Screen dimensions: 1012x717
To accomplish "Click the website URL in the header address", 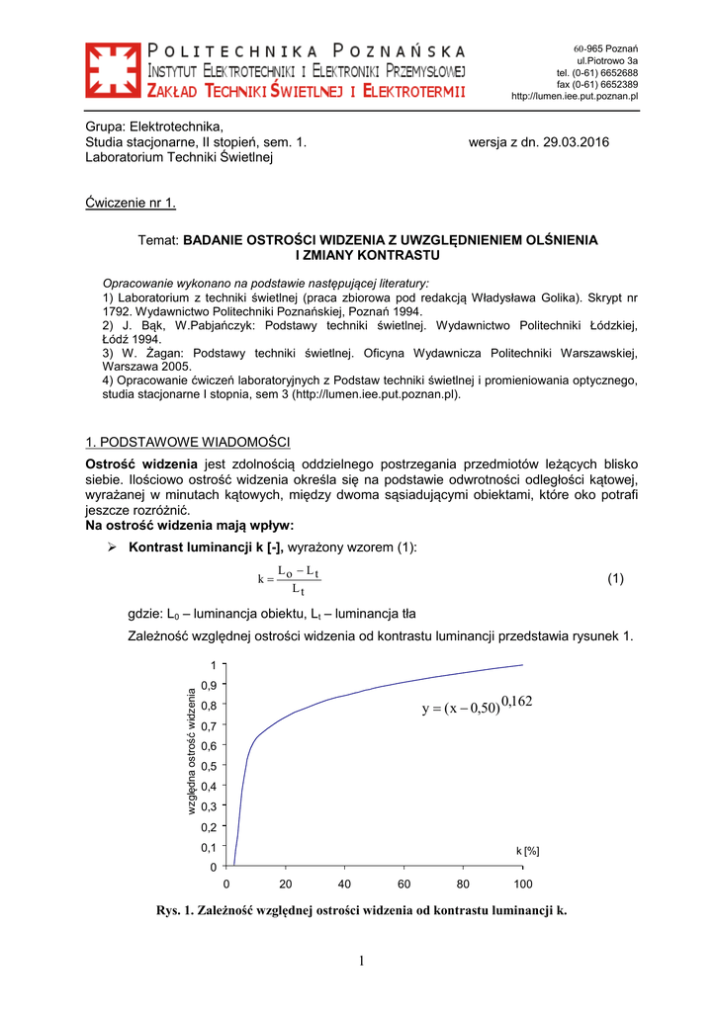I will click(x=574, y=96).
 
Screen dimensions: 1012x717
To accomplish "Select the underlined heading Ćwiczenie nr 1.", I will click(x=131, y=204).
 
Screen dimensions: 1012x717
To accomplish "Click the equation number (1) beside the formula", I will click(x=616, y=579).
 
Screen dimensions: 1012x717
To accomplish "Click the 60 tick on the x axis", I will click(x=404, y=884).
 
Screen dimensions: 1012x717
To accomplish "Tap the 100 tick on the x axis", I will click(x=523, y=884).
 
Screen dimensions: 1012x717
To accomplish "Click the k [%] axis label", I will click(x=527, y=851).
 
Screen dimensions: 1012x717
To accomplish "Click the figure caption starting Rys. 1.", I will click(x=362, y=910).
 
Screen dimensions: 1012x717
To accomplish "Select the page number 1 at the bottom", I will click(x=362, y=962).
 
